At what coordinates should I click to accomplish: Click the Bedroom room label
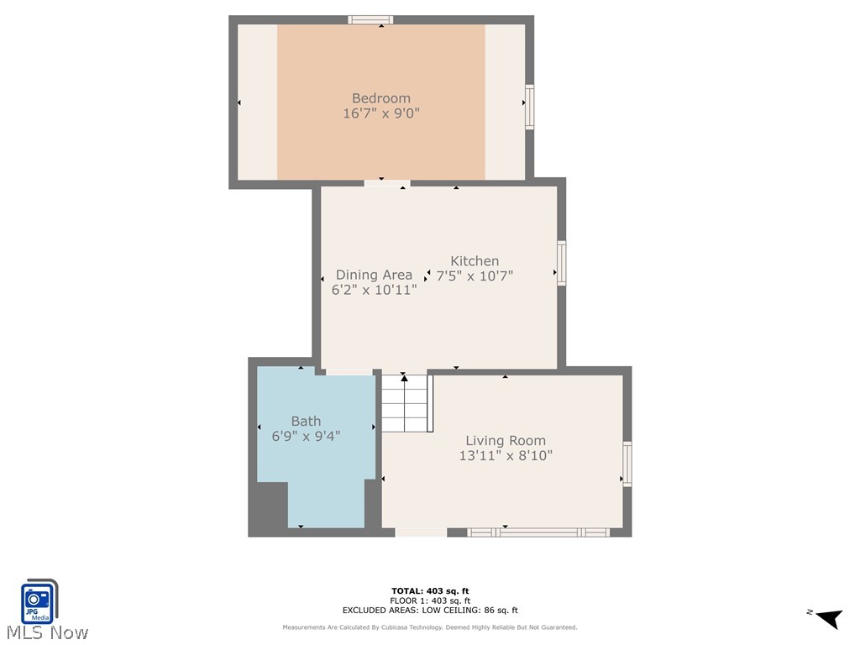(x=380, y=98)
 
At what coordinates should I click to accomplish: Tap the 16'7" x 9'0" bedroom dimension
(x=380, y=113)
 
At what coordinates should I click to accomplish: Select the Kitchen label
(x=475, y=261)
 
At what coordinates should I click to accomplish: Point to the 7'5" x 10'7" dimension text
(x=475, y=275)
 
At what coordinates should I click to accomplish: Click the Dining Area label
(x=374, y=275)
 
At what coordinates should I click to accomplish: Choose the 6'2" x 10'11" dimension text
(x=374, y=291)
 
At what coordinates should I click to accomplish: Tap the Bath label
(x=306, y=421)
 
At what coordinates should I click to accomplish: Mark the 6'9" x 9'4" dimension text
(x=306, y=436)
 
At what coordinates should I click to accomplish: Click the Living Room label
(x=506, y=440)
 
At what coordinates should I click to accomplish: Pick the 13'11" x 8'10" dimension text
(x=506, y=456)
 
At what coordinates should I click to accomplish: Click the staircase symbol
(x=406, y=403)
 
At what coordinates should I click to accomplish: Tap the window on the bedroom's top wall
(x=370, y=19)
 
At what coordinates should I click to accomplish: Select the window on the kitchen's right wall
(x=561, y=263)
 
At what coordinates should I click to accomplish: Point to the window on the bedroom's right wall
(x=529, y=107)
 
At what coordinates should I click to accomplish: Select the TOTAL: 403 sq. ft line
(x=430, y=591)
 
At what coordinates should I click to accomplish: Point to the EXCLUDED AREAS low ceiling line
(x=430, y=611)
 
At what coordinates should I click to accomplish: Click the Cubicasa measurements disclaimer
(x=430, y=627)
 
